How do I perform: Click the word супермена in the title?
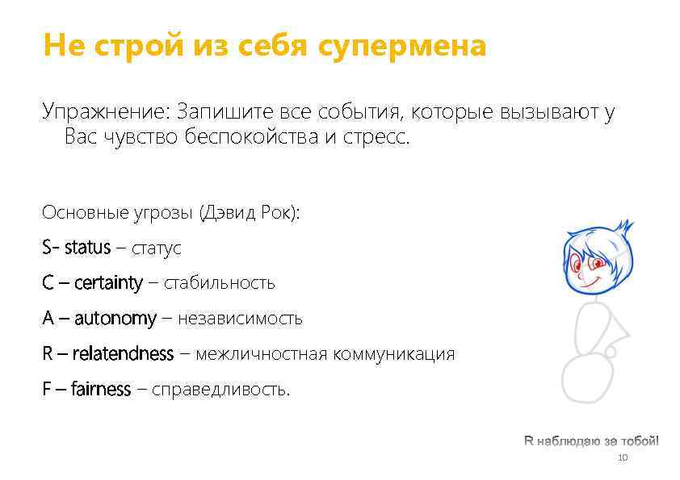401,46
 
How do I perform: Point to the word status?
87,248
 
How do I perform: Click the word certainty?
108,283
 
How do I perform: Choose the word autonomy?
115,319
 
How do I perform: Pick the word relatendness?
123,353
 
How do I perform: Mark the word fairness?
100,389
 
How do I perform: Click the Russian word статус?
157,248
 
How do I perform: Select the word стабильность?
220,283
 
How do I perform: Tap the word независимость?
240,319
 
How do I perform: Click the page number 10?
622,458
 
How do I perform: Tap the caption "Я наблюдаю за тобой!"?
591,441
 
